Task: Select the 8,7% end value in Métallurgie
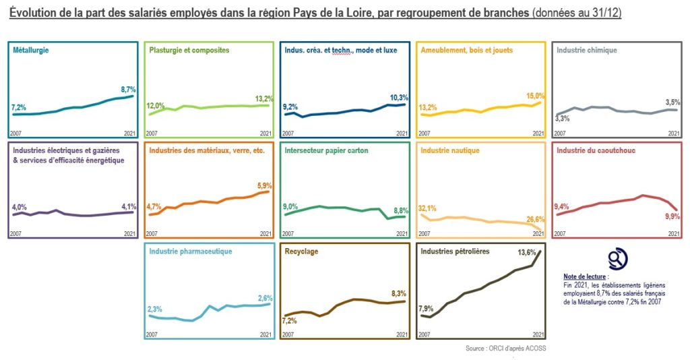pos(129,89)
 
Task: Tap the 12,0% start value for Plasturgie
pos(156,106)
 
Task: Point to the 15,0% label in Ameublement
pos(536,96)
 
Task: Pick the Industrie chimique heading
pos(586,51)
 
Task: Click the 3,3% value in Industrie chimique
pos(561,119)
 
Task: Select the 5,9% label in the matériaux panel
pos(265,185)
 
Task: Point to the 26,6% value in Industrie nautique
pos(536,219)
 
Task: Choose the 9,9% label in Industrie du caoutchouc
pos(672,216)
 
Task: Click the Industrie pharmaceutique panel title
pos(191,251)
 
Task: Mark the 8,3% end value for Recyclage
pos(400,294)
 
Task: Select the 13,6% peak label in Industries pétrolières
pos(526,253)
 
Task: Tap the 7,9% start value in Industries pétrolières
pos(427,309)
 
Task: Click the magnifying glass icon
pos(617,259)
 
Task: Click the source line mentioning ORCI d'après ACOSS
pos(498,349)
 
